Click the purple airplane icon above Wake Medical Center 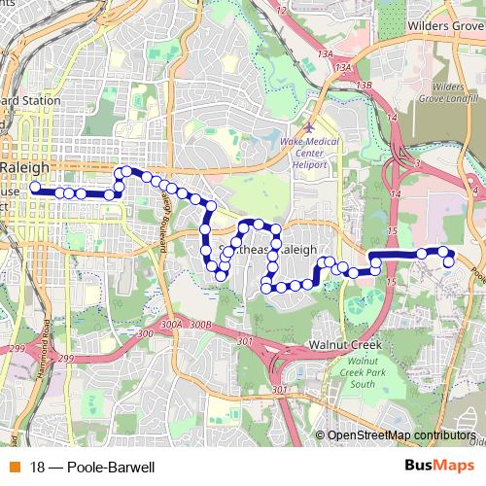click(309, 127)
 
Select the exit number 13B click(364, 86)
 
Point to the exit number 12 click(282, 10)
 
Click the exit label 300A click(172, 325)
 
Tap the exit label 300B click(199, 325)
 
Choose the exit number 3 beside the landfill click(416, 165)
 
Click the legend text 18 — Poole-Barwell click(92, 468)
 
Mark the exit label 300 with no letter click(145, 333)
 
